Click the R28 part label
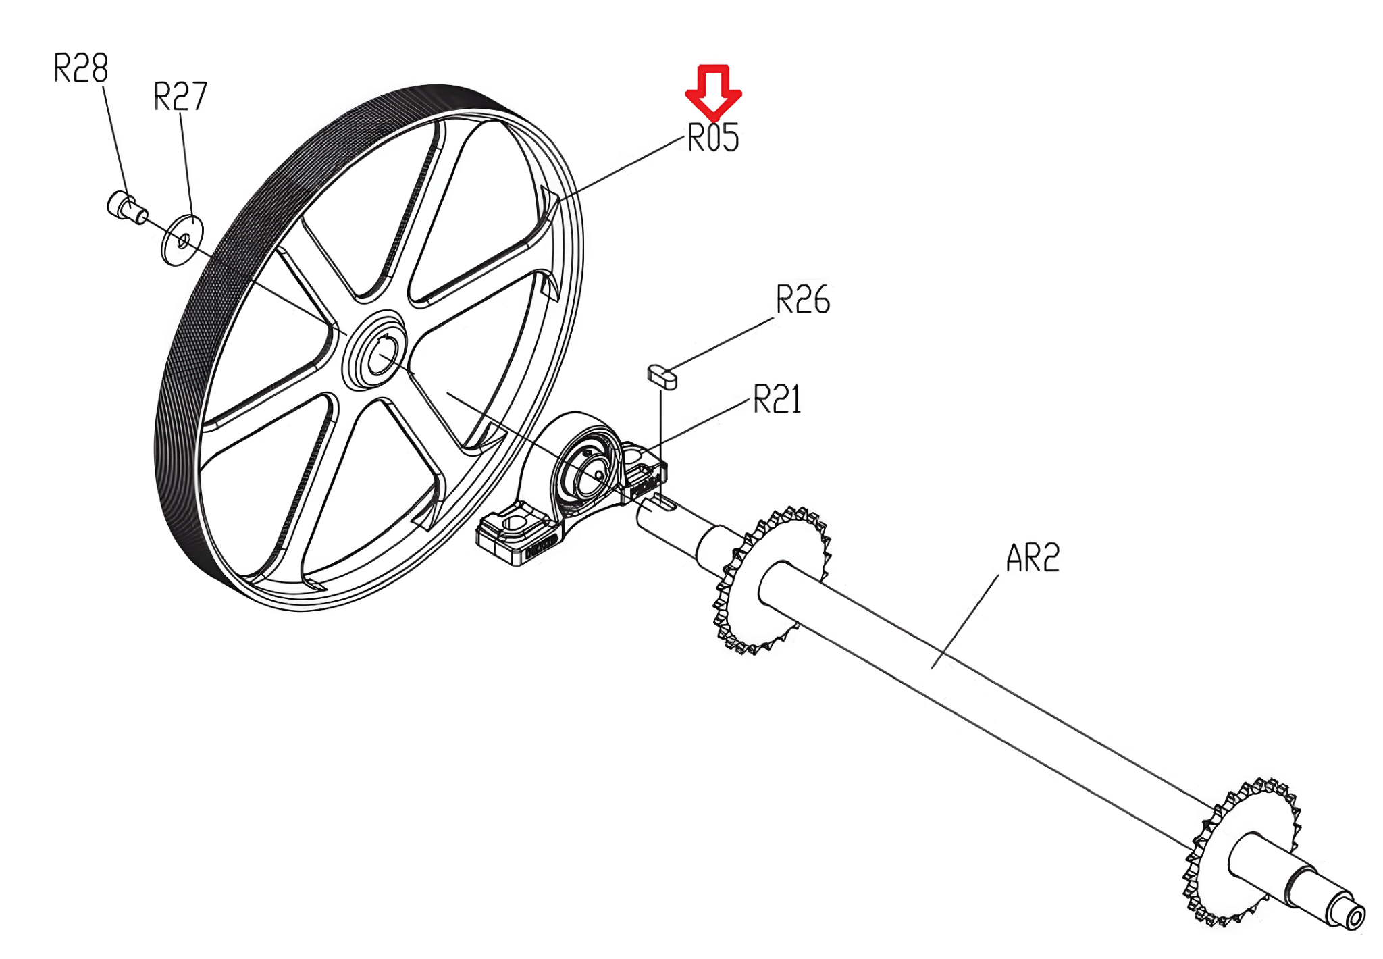(80, 68)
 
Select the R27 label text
(180, 97)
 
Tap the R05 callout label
(713, 138)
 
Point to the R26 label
(802, 300)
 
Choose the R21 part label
(777, 399)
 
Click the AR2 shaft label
(1032, 559)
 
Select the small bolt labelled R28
(126, 206)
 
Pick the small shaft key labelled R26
(662, 377)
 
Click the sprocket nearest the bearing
(770, 581)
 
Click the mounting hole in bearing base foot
(513, 523)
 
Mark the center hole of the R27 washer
(183, 240)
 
